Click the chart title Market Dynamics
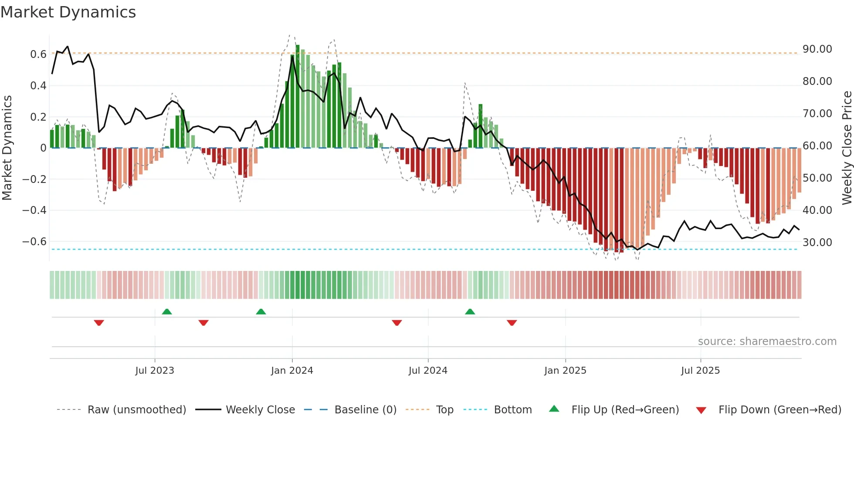pos(68,12)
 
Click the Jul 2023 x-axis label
pos(155,371)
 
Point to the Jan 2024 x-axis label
pos(292,371)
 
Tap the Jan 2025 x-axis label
pos(565,371)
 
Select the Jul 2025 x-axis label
pos(700,371)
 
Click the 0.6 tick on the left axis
pos(38,54)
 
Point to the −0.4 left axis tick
pos(34,210)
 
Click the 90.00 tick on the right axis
pos(817,49)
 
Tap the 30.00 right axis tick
pos(817,243)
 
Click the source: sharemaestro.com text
pos(767,341)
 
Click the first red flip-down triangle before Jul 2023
pos(99,323)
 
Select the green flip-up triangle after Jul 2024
pos(470,311)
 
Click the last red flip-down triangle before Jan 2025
pos(512,323)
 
